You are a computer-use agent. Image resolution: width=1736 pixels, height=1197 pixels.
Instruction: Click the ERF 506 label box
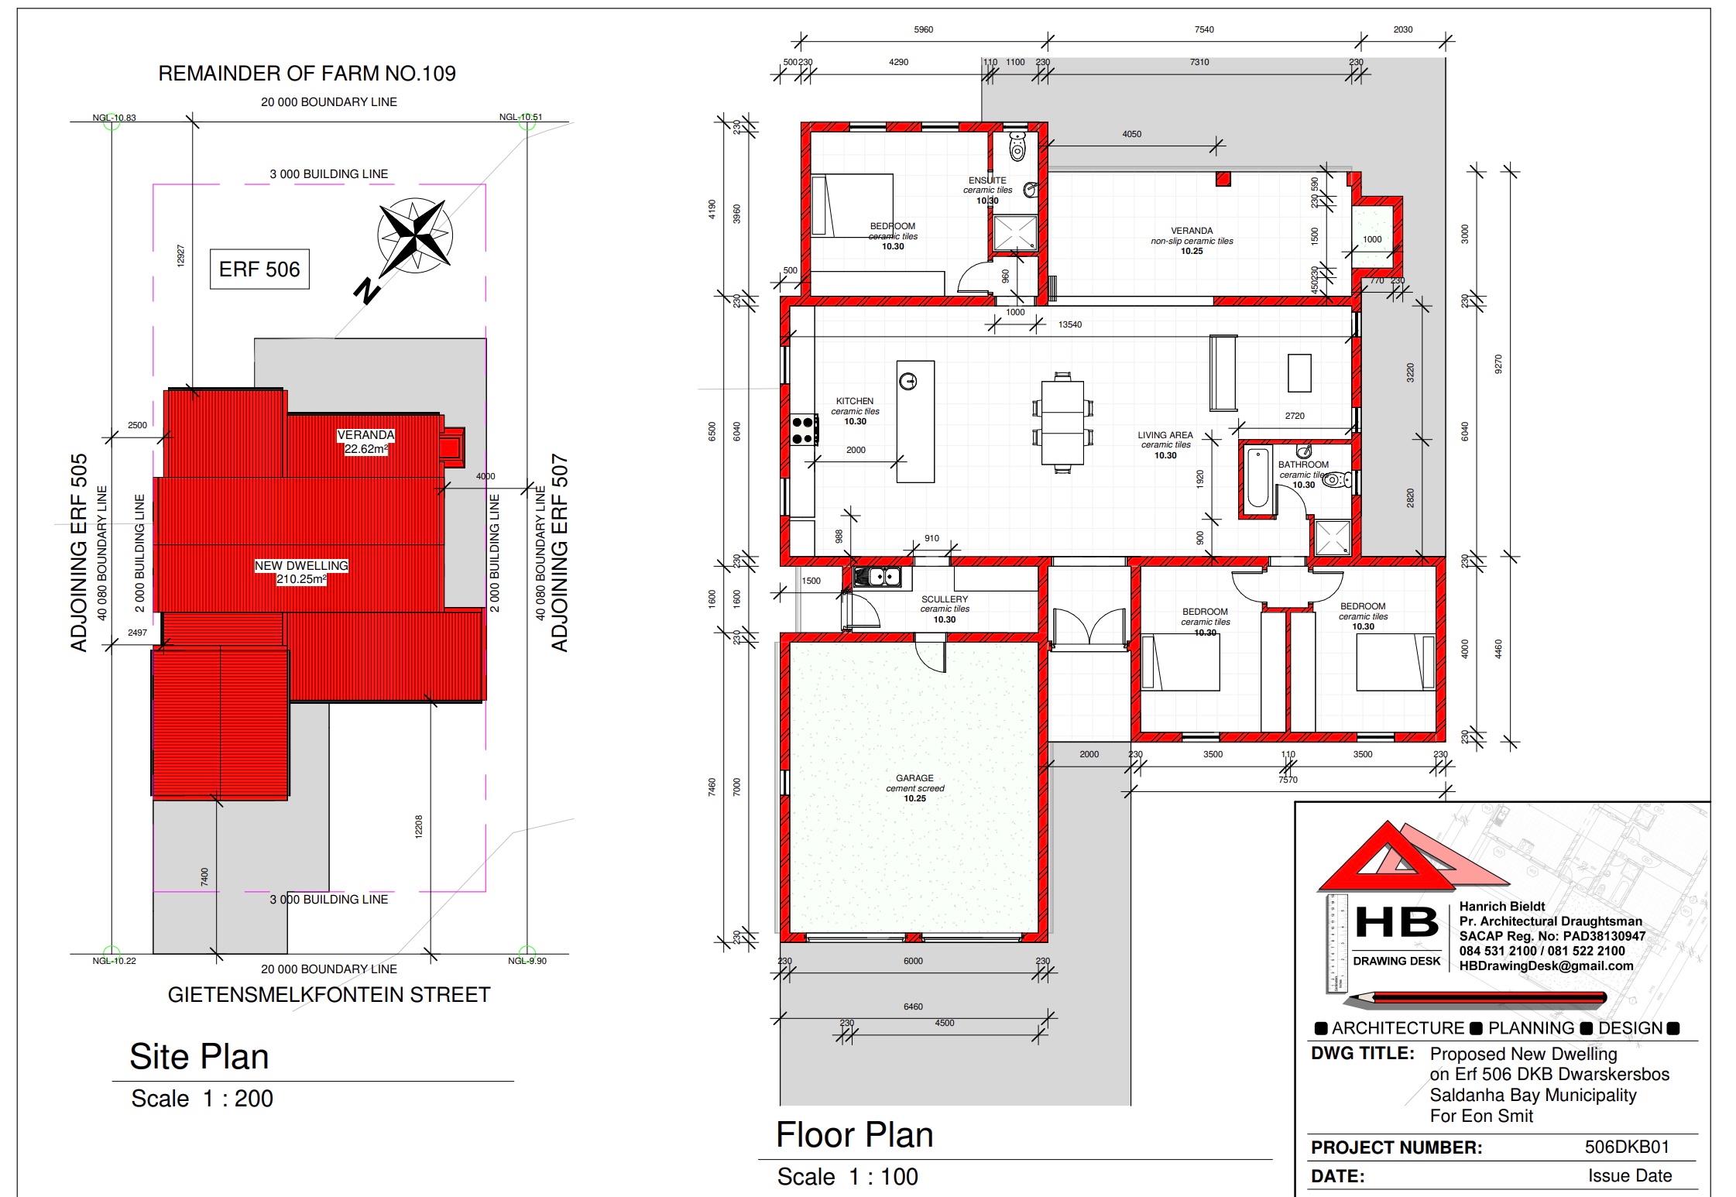click(259, 269)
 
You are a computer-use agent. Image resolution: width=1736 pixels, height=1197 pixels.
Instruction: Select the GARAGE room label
click(914, 778)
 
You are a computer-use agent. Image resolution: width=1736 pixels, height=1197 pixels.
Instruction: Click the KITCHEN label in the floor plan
click(855, 401)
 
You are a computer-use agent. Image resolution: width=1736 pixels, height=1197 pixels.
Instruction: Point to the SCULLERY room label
click(945, 599)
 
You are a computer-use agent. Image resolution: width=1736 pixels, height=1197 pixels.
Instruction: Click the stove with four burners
click(802, 430)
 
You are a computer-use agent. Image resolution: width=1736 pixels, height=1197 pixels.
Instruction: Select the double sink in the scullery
click(877, 577)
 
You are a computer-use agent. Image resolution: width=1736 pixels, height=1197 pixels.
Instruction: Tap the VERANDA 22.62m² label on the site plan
click(366, 441)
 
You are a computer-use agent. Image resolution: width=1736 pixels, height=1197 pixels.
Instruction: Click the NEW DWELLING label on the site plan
click(302, 572)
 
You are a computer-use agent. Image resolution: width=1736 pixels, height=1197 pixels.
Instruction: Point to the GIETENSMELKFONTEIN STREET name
click(329, 995)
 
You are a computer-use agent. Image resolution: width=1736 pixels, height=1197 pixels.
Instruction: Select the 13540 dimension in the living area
click(1070, 324)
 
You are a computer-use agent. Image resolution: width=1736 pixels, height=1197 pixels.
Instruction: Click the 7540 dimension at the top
click(1204, 29)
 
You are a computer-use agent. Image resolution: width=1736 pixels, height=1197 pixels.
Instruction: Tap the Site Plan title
click(199, 1057)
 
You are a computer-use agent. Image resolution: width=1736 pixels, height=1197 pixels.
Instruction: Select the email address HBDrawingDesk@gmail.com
click(1546, 965)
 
